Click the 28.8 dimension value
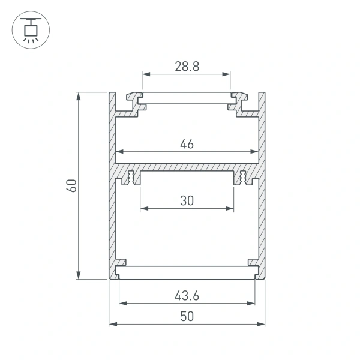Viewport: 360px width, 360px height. click(x=187, y=67)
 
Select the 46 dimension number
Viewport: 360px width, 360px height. click(x=187, y=143)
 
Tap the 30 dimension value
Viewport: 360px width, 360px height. click(x=187, y=201)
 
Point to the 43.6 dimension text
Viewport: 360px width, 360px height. click(x=187, y=295)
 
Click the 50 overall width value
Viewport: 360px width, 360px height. click(x=187, y=316)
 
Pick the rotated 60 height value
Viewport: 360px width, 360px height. click(x=71, y=185)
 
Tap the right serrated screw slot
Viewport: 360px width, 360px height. click(x=243, y=178)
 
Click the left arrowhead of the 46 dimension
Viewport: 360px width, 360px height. click(x=119, y=151)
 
